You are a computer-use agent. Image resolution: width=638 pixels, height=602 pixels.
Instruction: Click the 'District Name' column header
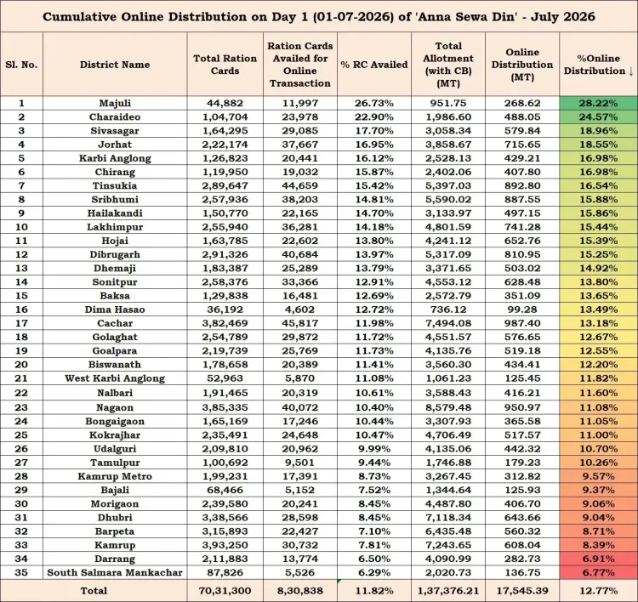click(115, 65)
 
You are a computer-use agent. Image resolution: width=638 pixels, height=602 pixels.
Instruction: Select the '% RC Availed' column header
click(374, 65)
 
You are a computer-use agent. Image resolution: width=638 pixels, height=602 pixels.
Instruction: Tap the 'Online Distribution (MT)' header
click(522, 65)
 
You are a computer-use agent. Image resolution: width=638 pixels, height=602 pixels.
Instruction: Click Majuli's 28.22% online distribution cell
click(598, 103)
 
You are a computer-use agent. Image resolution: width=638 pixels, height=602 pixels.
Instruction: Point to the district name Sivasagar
click(115, 131)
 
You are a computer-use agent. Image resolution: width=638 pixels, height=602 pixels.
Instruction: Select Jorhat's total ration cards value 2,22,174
click(225, 145)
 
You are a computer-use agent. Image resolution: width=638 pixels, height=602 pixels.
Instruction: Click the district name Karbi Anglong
click(115, 158)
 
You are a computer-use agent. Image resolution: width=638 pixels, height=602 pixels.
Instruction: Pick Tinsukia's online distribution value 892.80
click(522, 185)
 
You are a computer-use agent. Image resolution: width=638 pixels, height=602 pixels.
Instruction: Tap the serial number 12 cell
click(21, 254)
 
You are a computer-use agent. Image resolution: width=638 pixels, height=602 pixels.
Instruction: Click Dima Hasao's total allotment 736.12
click(448, 310)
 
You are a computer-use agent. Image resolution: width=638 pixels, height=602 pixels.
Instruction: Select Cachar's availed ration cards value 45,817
click(300, 323)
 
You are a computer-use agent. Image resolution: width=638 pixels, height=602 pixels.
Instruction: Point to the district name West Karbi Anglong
click(115, 378)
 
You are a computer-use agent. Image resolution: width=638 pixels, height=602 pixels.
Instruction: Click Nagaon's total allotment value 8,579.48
click(448, 407)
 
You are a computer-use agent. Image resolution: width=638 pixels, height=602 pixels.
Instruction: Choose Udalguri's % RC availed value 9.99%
click(374, 449)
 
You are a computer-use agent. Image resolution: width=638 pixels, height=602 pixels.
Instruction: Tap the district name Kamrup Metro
click(115, 476)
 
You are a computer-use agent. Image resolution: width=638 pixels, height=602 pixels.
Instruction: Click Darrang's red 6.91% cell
click(598, 559)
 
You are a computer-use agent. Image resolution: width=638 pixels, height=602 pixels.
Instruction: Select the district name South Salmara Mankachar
click(115, 572)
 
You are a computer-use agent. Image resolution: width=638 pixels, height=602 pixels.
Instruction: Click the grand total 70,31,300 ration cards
click(225, 591)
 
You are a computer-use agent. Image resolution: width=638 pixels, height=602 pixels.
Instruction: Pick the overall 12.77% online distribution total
click(598, 591)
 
